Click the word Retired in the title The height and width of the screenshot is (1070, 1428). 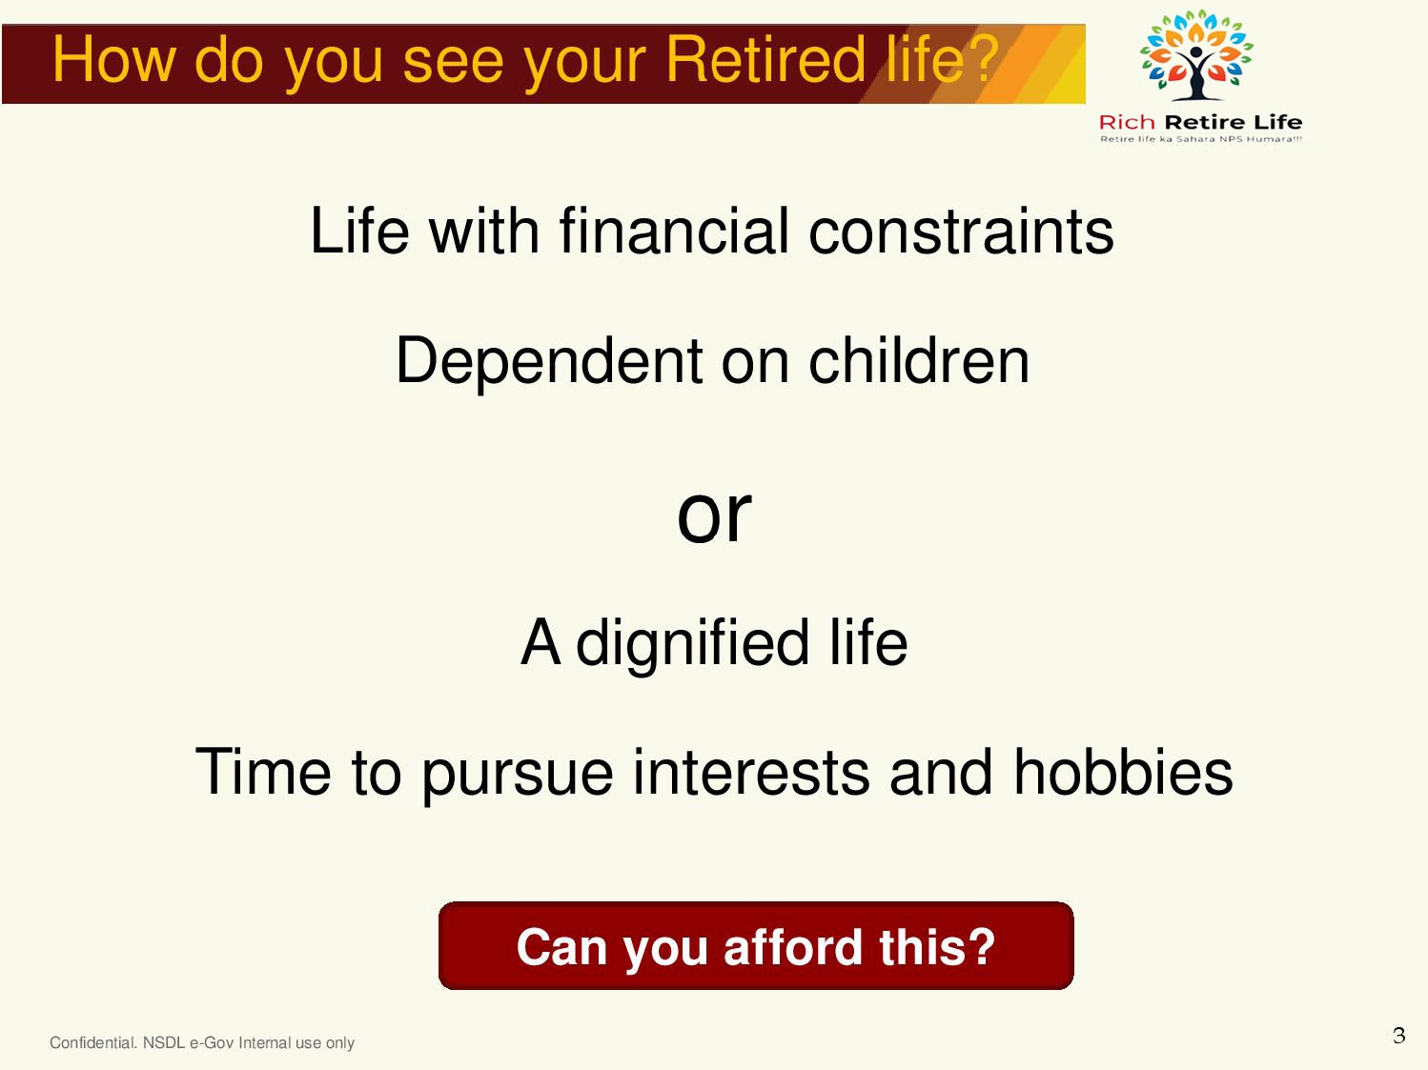tap(765, 60)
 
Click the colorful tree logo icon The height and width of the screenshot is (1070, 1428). tap(1196, 54)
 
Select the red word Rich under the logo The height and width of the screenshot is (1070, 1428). tap(1127, 122)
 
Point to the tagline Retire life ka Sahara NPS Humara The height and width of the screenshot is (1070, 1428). tap(1201, 139)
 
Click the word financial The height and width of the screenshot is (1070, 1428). tap(674, 231)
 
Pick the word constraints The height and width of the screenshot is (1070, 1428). tap(961, 231)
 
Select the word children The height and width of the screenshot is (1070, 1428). tap(919, 360)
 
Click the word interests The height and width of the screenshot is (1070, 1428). tap(751, 772)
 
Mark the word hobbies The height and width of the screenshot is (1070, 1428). tap(1123, 772)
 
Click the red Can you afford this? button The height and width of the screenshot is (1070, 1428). tap(756, 946)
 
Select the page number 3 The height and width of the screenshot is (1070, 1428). tap(1398, 1035)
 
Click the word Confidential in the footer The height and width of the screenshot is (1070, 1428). tap(93, 1042)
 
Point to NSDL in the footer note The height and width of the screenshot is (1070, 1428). tap(164, 1042)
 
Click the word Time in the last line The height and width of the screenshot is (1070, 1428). tap(263, 772)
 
